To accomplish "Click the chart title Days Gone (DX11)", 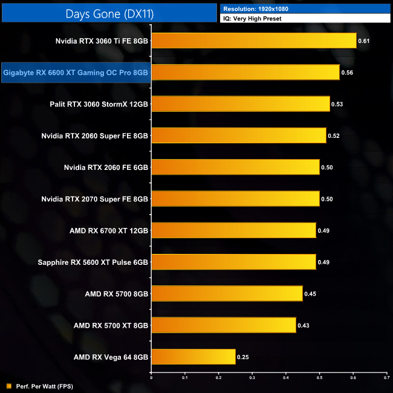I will [x=109, y=12].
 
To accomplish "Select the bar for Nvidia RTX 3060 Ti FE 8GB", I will [x=253, y=41].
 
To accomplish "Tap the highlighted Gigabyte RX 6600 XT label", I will [x=76, y=73].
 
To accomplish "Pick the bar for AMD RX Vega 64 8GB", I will [x=193, y=357].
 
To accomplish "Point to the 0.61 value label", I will [x=364, y=41].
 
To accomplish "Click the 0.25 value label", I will [x=242, y=357].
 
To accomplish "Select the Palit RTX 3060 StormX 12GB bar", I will [x=240, y=104].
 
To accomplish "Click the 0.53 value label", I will [x=337, y=104].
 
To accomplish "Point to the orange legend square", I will [x=8, y=386].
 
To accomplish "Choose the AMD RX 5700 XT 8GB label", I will [x=111, y=325].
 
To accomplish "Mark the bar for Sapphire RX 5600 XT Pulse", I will [x=233, y=262].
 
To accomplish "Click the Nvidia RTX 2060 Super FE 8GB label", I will [x=95, y=135].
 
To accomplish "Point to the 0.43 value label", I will [x=304, y=325].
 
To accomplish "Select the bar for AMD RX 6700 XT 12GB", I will [x=233, y=230].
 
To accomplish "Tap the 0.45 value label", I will [x=310, y=294].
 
